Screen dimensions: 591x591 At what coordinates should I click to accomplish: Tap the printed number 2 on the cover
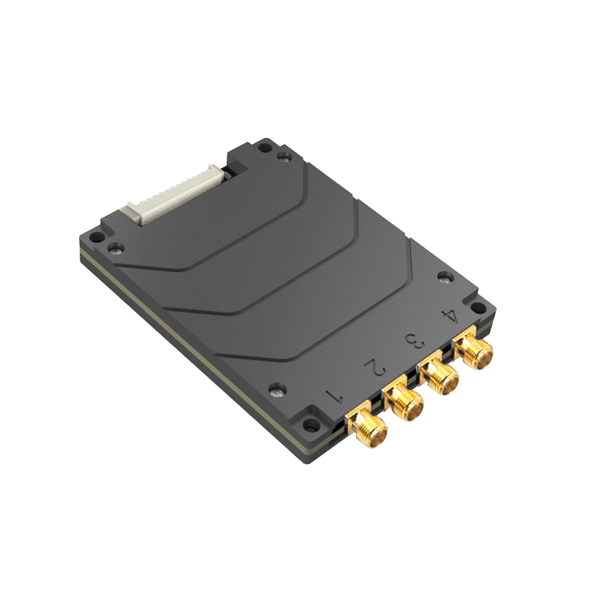(x=375, y=367)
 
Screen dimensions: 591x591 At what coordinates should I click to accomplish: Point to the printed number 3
(x=415, y=341)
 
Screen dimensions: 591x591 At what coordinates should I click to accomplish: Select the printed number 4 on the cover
(x=448, y=315)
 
